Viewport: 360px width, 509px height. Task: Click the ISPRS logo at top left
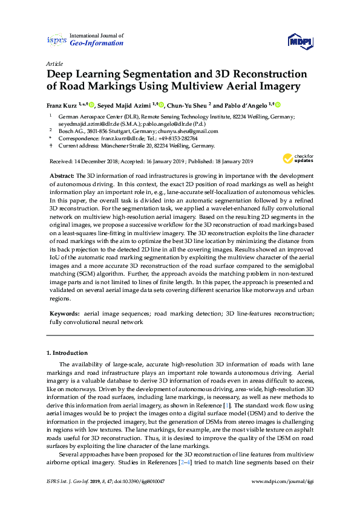coord(56,41)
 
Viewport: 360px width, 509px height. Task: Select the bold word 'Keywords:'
coord(64,314)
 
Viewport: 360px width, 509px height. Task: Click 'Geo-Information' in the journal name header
coord(97,44)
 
